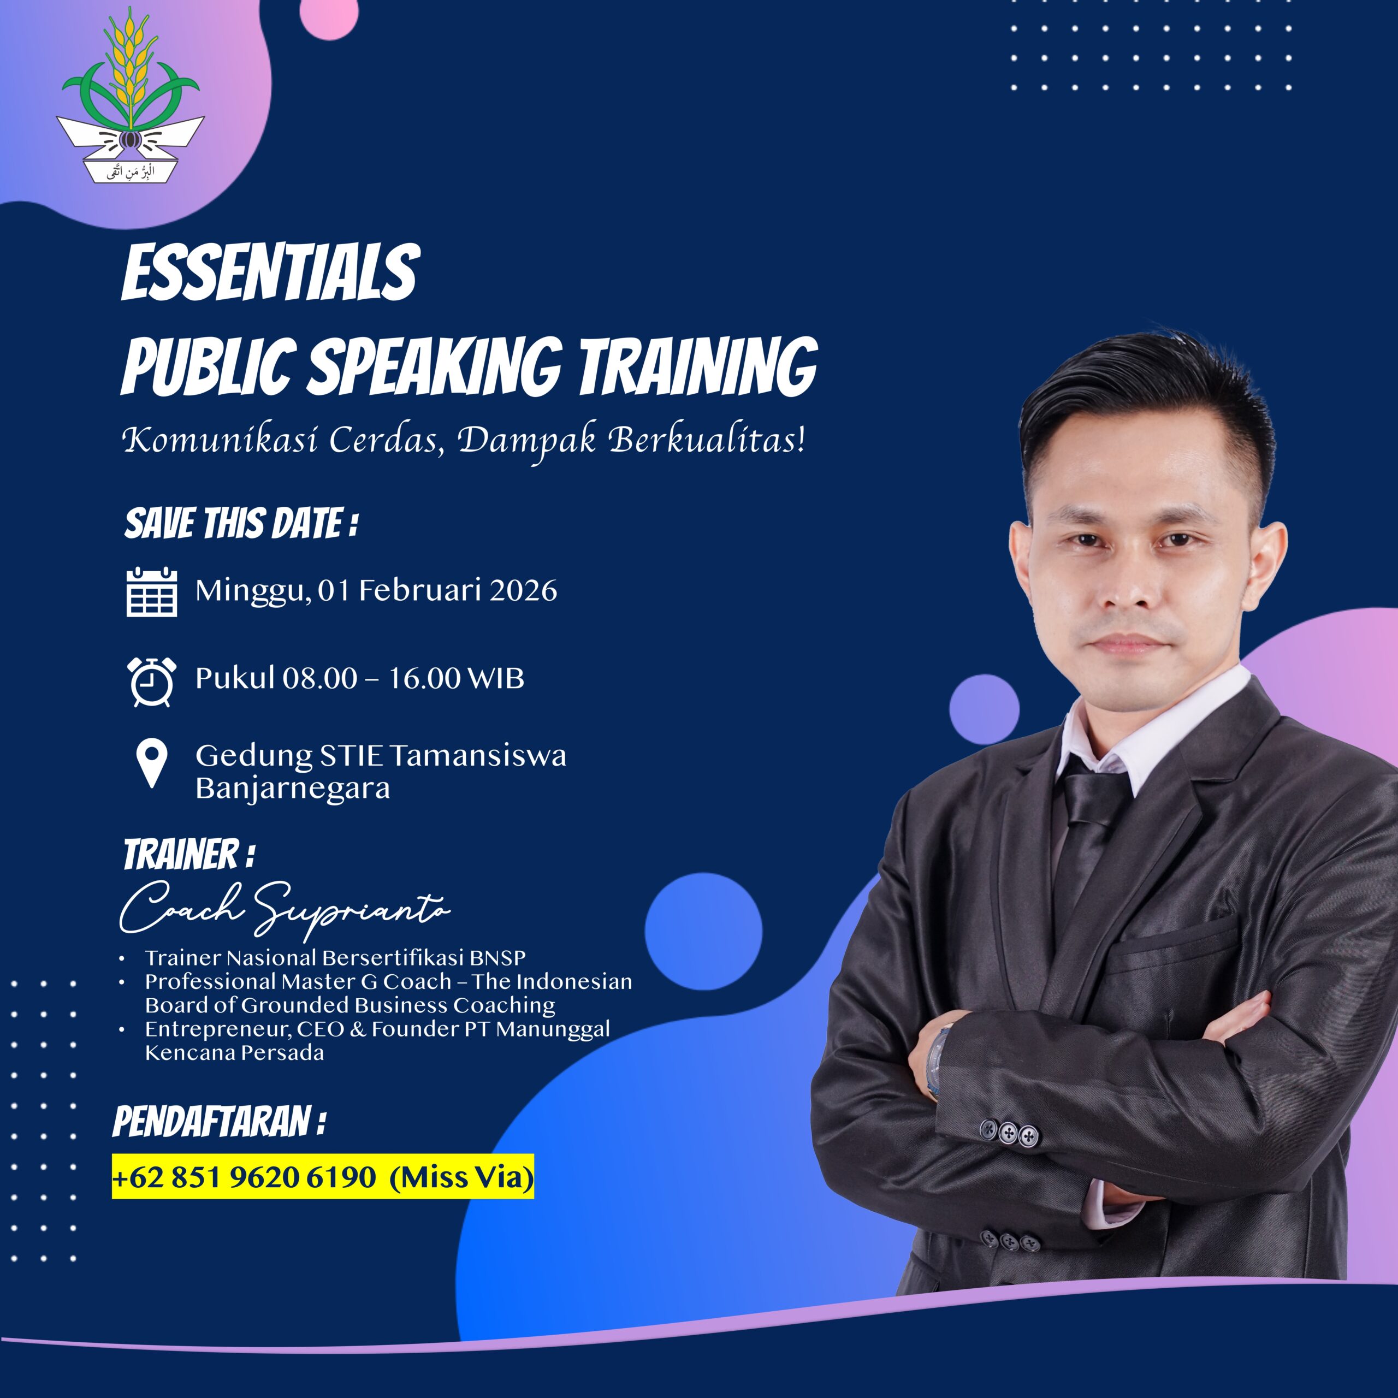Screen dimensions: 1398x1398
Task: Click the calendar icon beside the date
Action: point(151,592)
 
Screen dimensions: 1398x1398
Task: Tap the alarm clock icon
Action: point(151,681)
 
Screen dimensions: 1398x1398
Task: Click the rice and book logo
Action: point(131,98)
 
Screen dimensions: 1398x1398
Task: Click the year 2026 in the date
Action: point(523,590)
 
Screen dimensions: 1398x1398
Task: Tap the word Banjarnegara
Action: point(292,788)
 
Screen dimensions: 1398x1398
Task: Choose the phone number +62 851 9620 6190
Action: point(244,1177)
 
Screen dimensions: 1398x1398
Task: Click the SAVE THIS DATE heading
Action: point(241,523)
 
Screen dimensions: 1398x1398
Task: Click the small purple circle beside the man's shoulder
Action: point(984,707)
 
